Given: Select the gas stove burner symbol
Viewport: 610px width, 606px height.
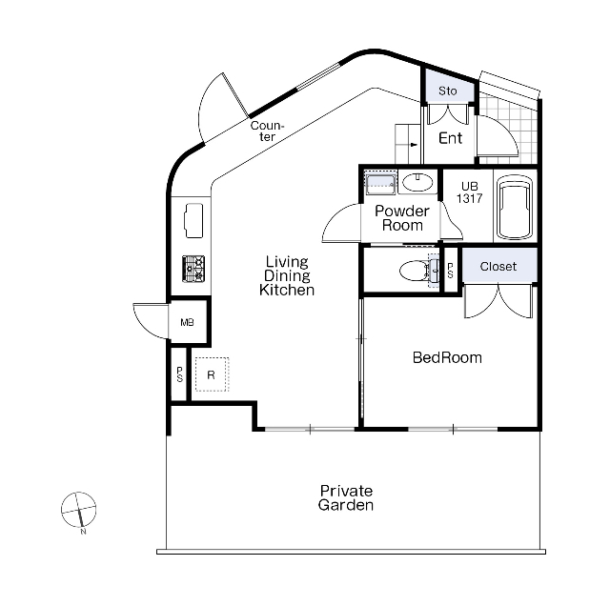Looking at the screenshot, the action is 193,269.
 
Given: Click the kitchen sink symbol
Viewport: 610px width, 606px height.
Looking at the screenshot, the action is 193,220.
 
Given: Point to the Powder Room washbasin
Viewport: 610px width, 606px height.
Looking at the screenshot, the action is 417,182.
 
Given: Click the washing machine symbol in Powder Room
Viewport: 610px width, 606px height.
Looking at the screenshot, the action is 380,182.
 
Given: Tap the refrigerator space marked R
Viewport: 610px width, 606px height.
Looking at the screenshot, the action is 212,374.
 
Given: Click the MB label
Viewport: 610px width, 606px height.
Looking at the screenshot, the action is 187,322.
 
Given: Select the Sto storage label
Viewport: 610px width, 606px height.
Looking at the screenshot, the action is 447,91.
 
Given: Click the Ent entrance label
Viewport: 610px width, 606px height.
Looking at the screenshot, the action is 451,138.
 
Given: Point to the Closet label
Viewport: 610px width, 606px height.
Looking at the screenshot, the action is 498,267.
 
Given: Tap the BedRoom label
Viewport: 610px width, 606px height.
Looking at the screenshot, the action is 447,357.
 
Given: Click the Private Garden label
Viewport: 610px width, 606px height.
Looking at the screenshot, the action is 346,498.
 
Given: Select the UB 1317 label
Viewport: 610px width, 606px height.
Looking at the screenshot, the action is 470,192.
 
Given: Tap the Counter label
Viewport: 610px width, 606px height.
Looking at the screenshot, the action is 267,131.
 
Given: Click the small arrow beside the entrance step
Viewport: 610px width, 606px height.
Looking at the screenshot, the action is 413,145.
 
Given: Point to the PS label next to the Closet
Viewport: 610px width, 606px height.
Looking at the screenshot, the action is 451,271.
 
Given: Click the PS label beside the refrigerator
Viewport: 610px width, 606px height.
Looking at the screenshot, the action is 179,374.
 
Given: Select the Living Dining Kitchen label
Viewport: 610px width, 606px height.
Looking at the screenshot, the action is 287,275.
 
